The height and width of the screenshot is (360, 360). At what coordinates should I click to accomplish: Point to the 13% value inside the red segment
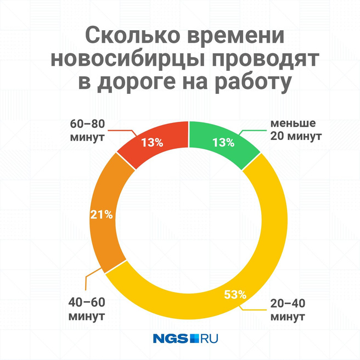pos(152,143)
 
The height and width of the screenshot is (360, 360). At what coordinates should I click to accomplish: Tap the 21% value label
pos(102,215)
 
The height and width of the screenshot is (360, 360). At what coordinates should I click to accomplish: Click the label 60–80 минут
pos(87,129)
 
